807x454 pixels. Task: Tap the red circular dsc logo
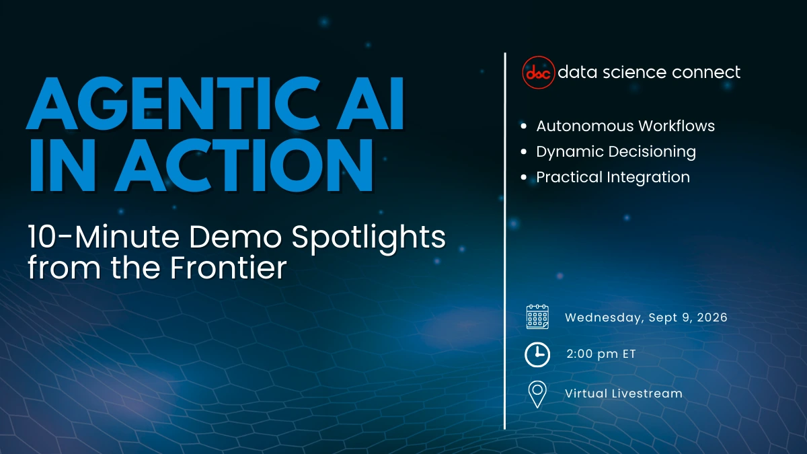pos(539,72)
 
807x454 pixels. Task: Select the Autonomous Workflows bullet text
pos(625,126)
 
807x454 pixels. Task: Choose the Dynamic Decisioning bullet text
pos(615,151)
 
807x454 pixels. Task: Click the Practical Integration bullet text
pos(613,177)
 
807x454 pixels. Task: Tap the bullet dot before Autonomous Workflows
pos(523,126)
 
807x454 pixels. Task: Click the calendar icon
pos(537,317)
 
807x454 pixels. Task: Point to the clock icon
pos(537,354)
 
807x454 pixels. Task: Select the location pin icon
pos(537,394)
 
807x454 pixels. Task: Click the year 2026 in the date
pos(711,317)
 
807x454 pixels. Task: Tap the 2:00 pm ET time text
pos(601,354)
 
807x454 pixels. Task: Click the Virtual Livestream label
pos(623,393)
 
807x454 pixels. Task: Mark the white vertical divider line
pos(505,242)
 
